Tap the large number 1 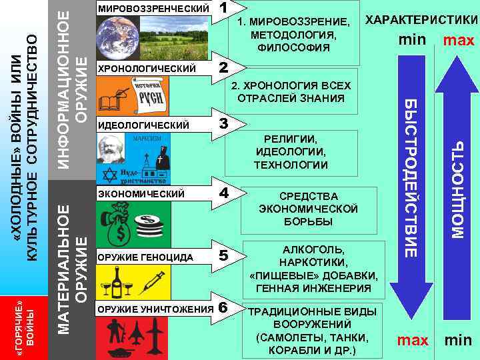pos(225,9)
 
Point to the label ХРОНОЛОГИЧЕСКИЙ pos(147,69)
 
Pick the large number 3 pos(225,124)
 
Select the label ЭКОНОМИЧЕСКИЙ pos(141,193)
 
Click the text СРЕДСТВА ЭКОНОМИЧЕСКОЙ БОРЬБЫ pos(308,209)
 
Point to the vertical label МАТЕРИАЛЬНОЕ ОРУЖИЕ pos(72,260)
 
